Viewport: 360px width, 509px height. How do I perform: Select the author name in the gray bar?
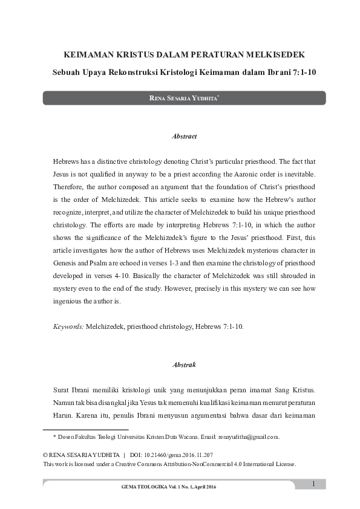point(183,98)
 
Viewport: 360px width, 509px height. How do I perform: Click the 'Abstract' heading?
point(185,137)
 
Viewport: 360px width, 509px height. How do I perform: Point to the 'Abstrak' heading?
point(185,365)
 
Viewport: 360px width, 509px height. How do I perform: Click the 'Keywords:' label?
point(68,326)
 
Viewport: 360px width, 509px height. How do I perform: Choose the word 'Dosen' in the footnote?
point(68,436)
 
